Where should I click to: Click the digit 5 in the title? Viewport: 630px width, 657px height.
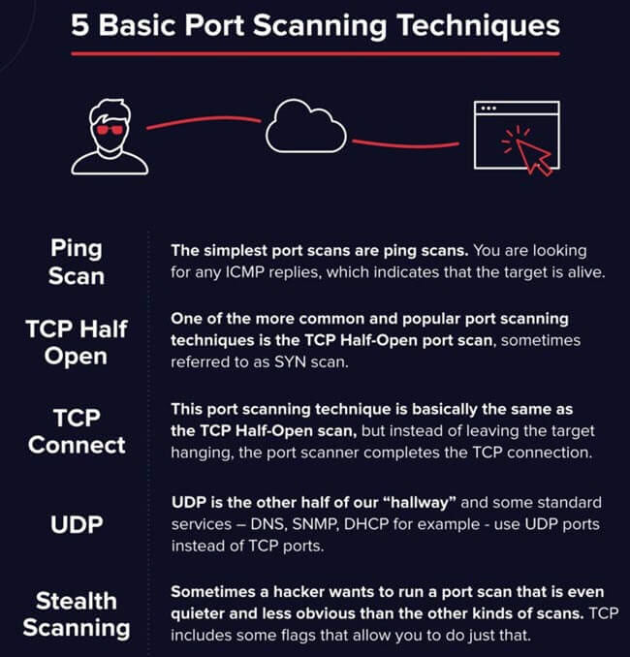point(80,26)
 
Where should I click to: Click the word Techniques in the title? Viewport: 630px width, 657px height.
point(478,26)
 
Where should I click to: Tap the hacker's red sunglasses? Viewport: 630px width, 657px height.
point(110,130)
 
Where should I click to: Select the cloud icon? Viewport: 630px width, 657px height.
point(306,126)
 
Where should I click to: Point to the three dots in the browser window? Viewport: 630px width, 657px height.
point(488,109)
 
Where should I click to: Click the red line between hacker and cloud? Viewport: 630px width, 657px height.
point(204,122)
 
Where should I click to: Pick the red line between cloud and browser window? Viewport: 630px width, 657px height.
point(405,144)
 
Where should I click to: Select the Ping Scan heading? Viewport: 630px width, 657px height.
point(77,262)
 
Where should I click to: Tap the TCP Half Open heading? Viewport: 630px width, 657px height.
point(77,342)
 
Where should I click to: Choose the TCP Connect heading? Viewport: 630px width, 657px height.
point(77,431)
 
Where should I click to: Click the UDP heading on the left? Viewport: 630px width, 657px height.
point(77,524)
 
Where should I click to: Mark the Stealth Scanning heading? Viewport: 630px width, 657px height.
point(77,614)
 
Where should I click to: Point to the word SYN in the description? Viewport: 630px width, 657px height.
point(290,362)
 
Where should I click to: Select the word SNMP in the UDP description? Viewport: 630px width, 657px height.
point(315,524)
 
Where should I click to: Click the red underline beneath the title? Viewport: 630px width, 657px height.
point(315,53)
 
